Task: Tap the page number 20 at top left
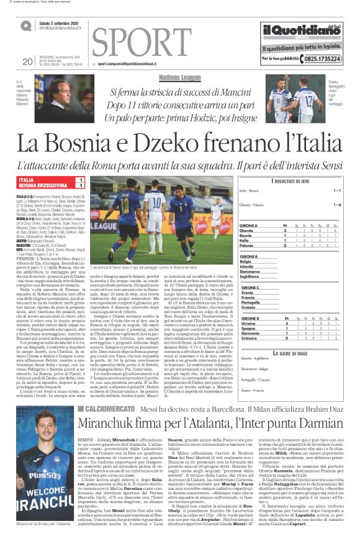(x=27, y=61)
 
